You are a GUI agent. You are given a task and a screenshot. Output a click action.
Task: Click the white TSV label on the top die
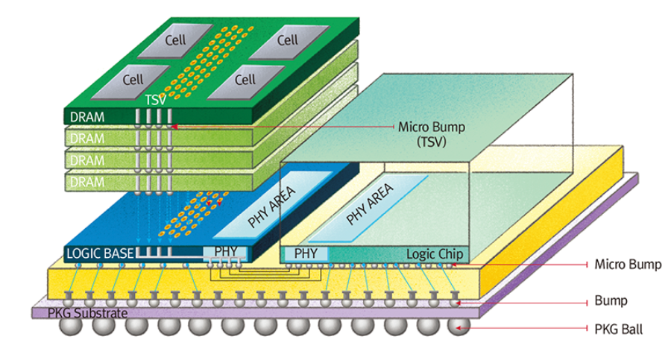(154, 98)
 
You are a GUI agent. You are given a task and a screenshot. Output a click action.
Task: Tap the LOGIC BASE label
(101, 253)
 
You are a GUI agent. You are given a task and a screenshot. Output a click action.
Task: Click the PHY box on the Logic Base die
(224, 253)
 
